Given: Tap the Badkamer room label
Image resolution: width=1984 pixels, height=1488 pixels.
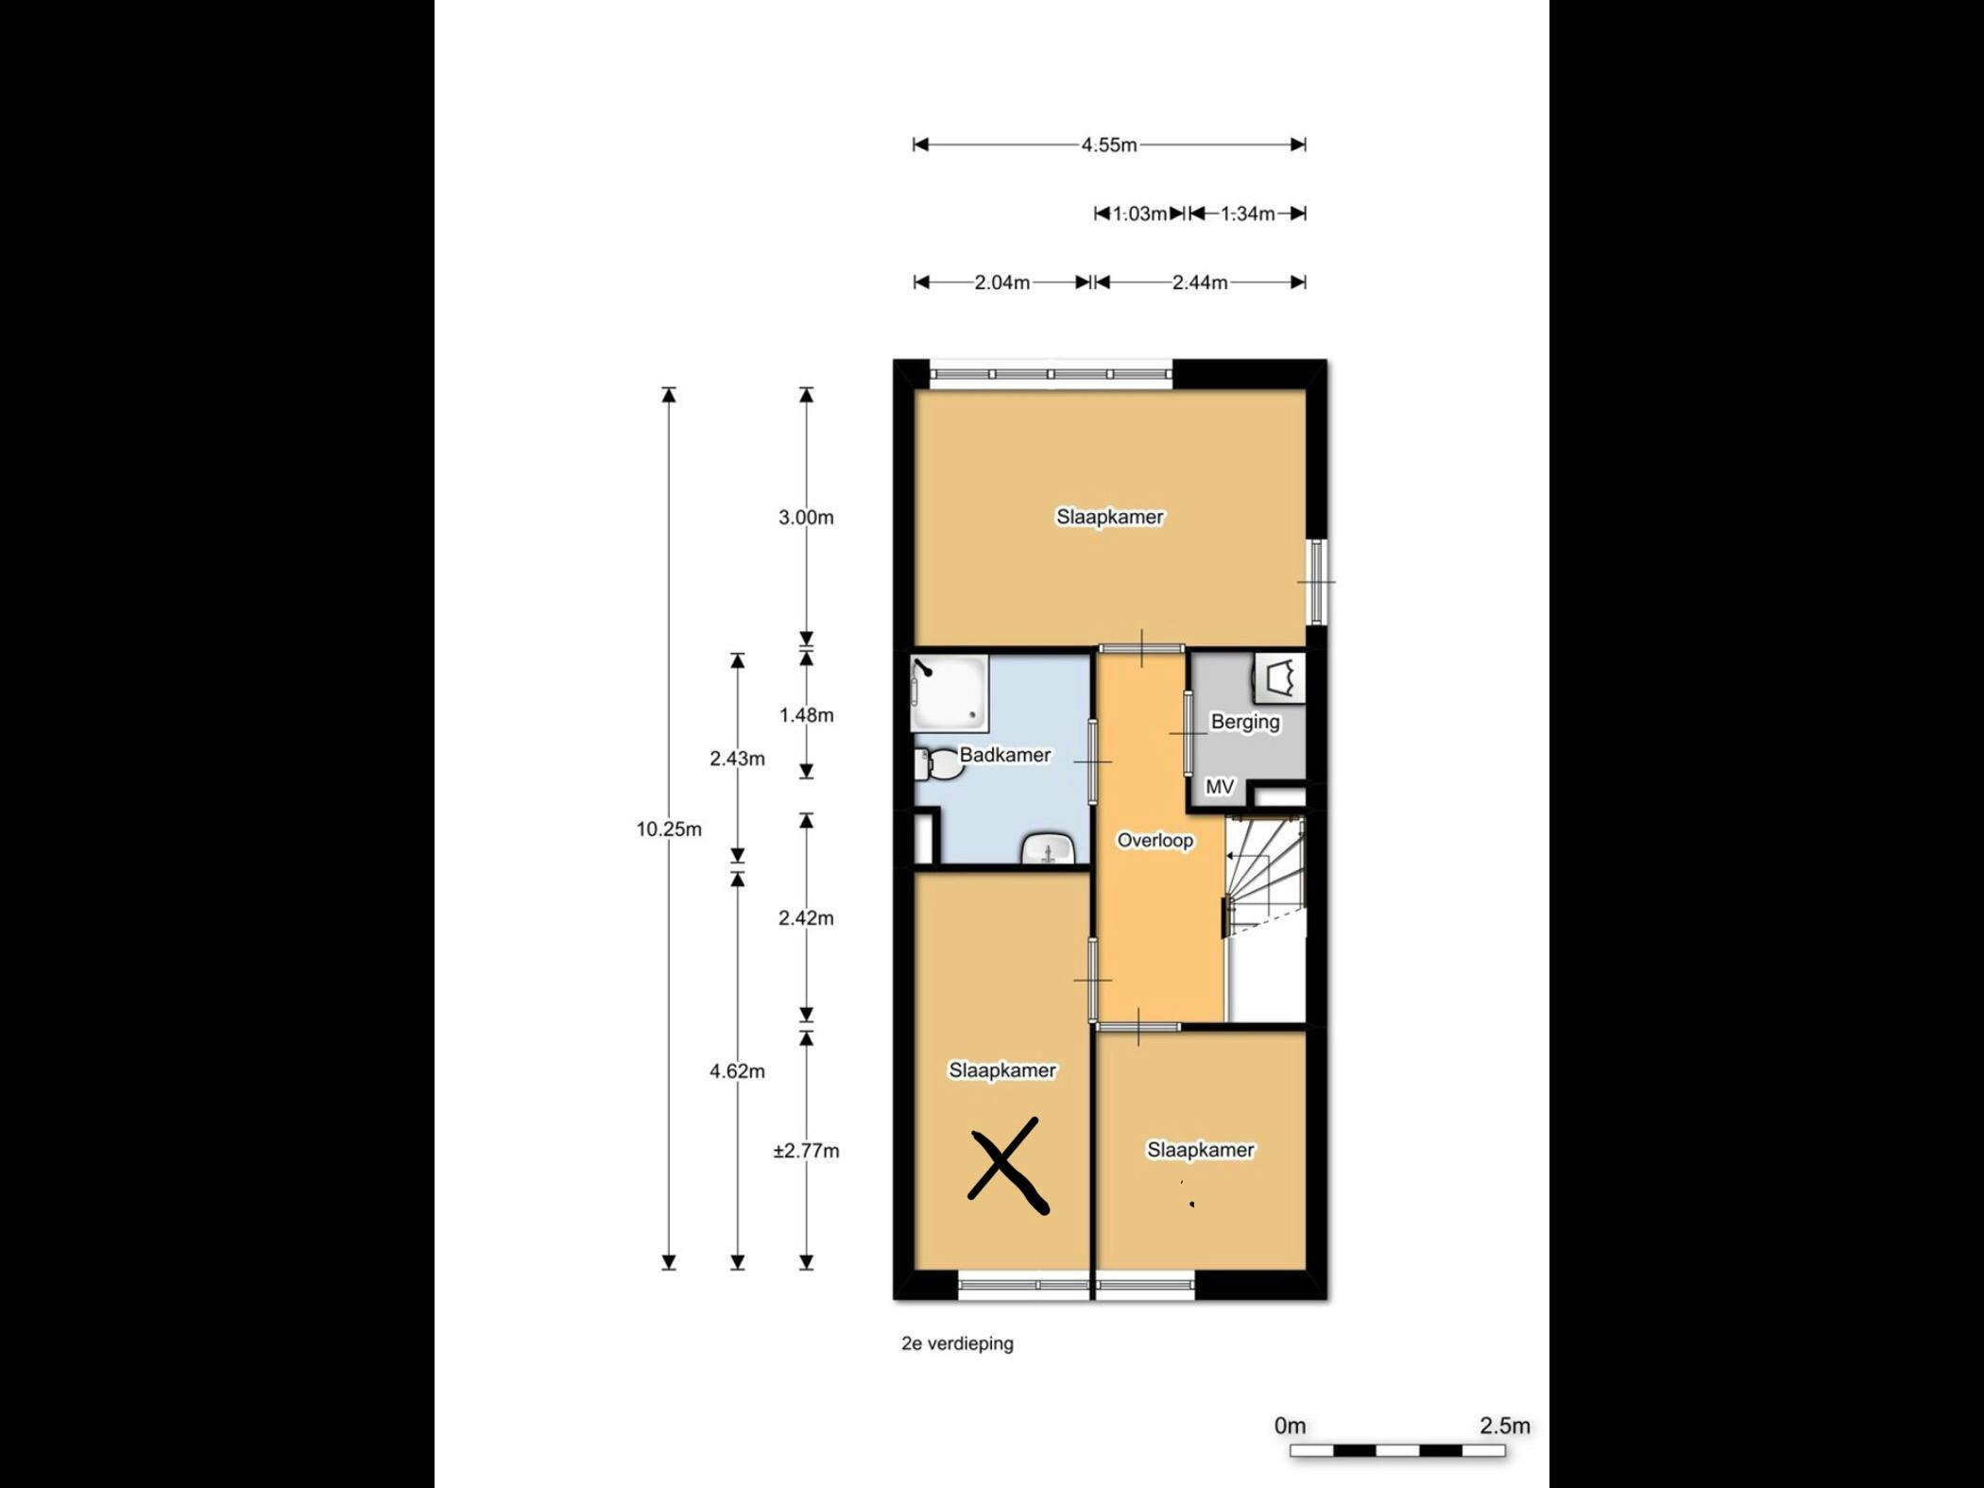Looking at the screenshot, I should [1004, 755].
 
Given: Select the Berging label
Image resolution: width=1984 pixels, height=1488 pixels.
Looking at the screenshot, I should [1245, 722].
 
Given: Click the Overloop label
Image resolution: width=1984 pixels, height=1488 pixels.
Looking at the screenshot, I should [1154, 840].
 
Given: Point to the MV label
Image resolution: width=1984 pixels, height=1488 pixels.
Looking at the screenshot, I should [1220, 786].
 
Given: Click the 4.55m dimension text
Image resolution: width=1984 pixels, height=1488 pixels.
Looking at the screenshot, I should [1109, 145].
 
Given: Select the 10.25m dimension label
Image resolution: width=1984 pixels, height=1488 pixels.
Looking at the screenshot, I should [669, 830].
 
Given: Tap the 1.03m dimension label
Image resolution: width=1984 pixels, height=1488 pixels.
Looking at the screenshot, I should [1139, 214].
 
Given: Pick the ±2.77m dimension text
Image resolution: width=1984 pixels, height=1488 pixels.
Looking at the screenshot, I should [806, 1151].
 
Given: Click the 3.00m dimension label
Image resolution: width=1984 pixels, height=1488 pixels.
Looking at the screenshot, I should [806, 518].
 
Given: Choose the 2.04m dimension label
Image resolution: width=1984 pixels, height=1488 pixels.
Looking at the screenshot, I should [1002, 282].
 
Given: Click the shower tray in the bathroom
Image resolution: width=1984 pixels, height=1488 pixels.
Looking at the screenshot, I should [949, 694].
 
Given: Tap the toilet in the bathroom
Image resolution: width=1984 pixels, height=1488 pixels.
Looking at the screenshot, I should [938, 763].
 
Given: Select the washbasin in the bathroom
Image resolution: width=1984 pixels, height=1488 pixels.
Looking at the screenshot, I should [1049, 849].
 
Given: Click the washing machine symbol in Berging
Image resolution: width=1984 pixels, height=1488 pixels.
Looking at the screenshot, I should [1280, 677].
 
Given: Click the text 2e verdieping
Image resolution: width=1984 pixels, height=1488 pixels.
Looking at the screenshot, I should [957, 1343].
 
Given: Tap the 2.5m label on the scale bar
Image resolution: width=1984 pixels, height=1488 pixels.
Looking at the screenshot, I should [1504, 1426].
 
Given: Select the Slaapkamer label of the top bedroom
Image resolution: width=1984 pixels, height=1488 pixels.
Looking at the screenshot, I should [1109, 517].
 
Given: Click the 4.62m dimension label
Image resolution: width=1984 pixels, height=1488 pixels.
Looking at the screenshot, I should [737, 1071].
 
